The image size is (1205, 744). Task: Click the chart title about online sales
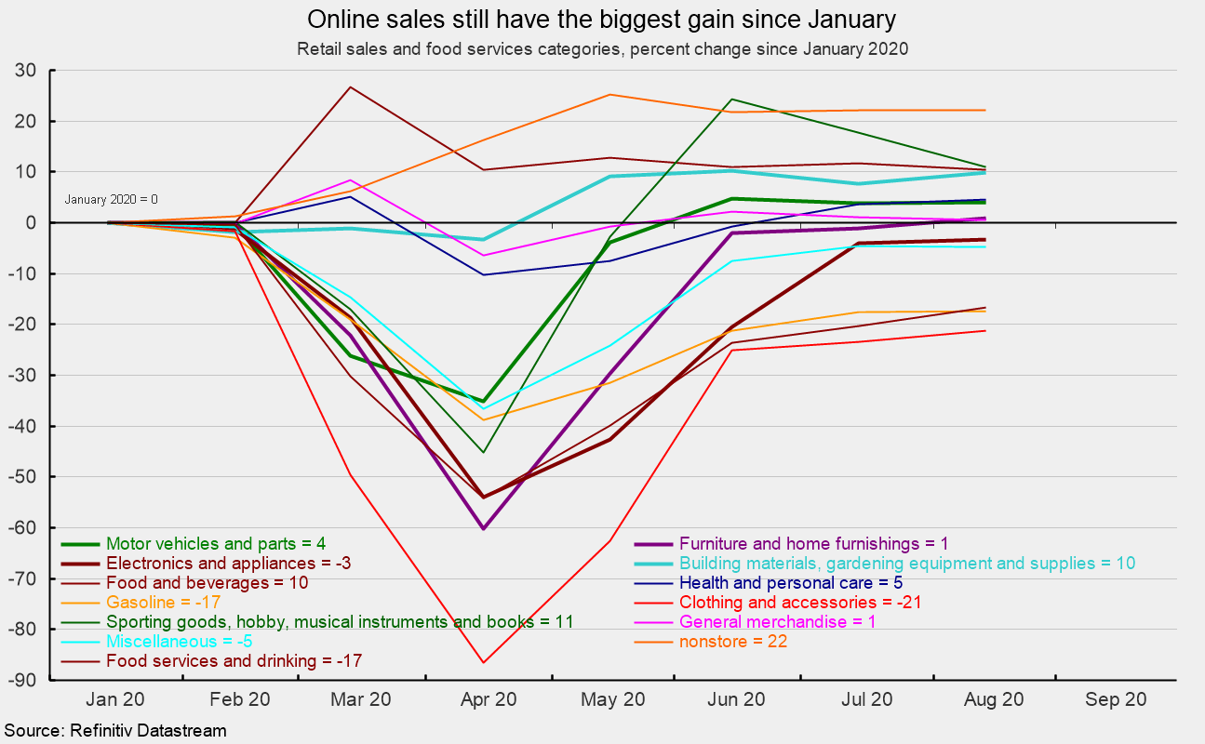pyautogui.click(x=602, y=20)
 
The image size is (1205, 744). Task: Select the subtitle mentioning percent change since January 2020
pyautogui.click(x=602, y=48)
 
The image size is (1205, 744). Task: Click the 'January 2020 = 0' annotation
pyautogui.click(x=111, y=199)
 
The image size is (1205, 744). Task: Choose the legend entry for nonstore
pyautogui.click(x=734, y=642)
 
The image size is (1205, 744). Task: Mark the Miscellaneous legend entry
pyautogui.click(x=180, y=642)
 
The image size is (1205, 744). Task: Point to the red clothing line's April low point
pyautogui.click(x=483, y=662)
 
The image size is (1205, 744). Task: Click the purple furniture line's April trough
pyautogui.click(x=483, y=528)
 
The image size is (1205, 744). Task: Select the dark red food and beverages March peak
pyautogui.click(x=349, y=87)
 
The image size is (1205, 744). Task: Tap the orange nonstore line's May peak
pyautogui.click(x=609, y=95)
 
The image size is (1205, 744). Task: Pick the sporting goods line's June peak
pyautogui.click(x=732, y=100)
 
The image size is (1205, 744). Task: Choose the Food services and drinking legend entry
pyautogui.click(x=234, y=661)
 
